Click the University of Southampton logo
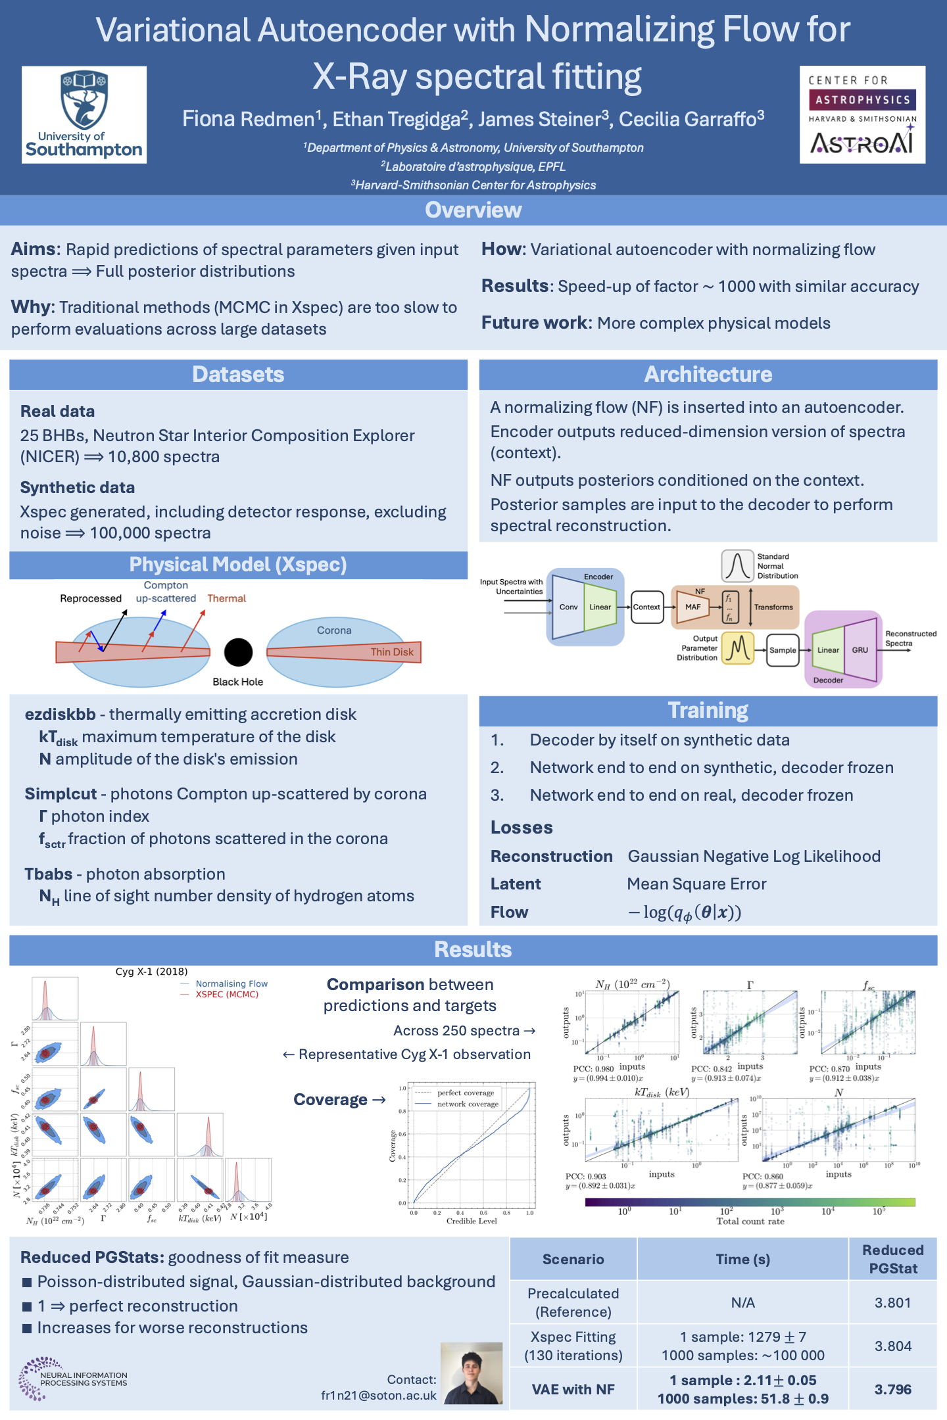pos(84,114)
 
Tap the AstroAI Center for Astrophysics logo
pos(862,114)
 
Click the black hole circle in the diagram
pos(238,652)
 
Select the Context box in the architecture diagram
pos(646,607)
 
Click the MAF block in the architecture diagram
pos(692,607)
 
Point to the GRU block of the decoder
pos(860,650)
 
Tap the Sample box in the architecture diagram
pos(783,650)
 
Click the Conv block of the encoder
pos(568,607)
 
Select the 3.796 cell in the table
pos(892,1389)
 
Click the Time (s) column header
pos(742,1259)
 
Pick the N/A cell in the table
pos(742,1302)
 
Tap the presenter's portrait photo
pos(472,1373)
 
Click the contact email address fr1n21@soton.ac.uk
pos(379,1395)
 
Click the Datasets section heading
pos(238,374)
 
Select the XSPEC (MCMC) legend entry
pos(227,994)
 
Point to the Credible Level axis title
pos(472,1221)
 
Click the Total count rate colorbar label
pos(750,1221)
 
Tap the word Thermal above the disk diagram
pos(226,598)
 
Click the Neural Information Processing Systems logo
pos(72,1379)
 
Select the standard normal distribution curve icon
pos(737,566)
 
